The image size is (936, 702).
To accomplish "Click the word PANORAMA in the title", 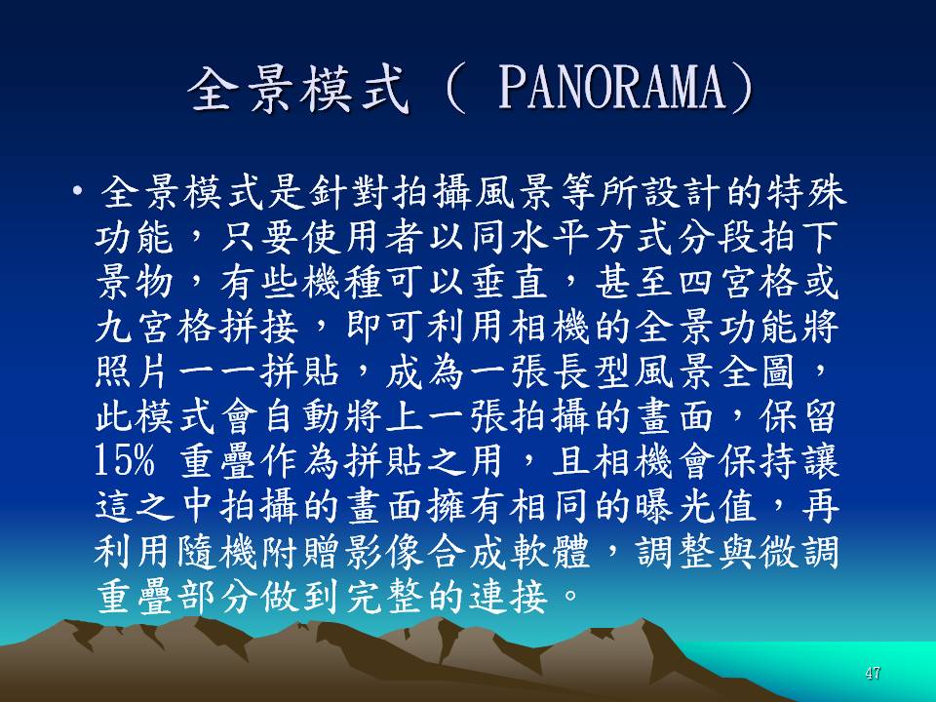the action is click(x=613, y=89).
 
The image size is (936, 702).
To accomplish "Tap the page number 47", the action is click(x=872, y=674).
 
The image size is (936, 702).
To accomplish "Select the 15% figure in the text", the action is click(x=125, y=461).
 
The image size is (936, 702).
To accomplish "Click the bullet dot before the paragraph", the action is click(x=77, y=192).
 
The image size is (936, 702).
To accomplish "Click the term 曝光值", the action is click(x=696, y=506).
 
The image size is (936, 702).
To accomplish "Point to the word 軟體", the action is click(x=550, y=550).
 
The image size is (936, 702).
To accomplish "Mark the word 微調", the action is click(x=799, y=550).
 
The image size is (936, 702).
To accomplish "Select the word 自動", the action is click(x=301, y=416).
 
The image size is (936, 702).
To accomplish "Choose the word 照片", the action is click(x=135, y=371).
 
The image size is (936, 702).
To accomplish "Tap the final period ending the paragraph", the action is click(x=569, y=596).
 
